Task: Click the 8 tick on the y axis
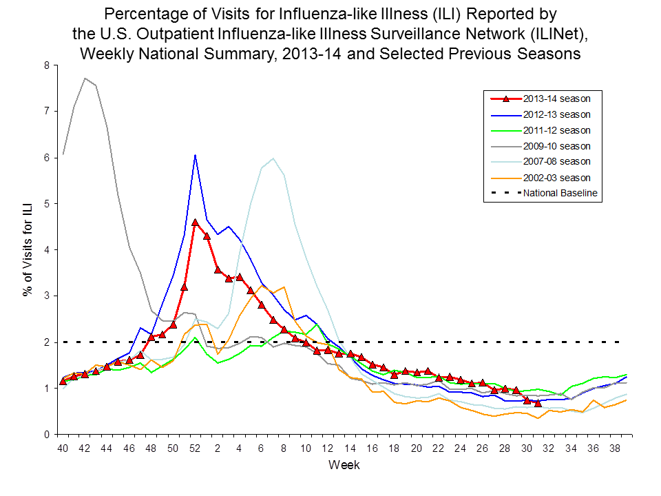point(47,65)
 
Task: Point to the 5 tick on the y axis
point(47,204)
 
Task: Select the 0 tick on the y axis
point(47,435)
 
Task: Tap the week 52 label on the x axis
point(196,448)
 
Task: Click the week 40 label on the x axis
point(63,448)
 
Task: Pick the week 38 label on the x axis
point(615,448)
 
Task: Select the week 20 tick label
point(416,448)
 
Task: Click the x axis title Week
point(344,465)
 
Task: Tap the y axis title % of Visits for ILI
point(28,250)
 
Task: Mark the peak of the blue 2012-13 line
point(196,155)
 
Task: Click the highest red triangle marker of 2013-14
point(196,223)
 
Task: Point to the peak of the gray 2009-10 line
point(85,78)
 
